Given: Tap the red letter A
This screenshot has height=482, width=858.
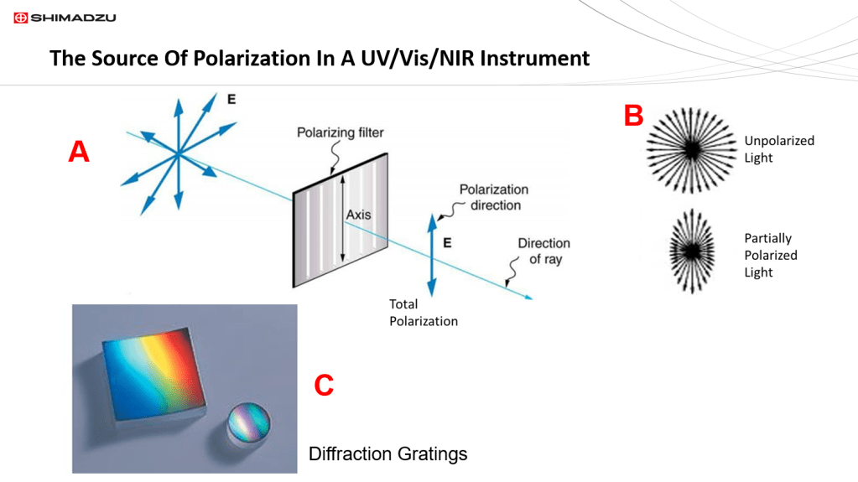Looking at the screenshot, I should pyautogui.click(x=78, y=152).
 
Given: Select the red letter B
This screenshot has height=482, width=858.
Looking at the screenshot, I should pyautogui.click(x=633, y=117).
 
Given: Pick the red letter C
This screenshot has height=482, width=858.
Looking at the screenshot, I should pyautogui.click(x=324, y=386).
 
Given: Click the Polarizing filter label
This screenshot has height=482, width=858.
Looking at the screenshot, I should pyautogui.click(x=341, y=133).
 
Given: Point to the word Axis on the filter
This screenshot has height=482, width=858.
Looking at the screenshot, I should pyautogui.click(x=359, y=215).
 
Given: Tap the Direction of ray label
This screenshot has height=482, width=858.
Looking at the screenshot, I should pyautogui.click(x=543, y=251).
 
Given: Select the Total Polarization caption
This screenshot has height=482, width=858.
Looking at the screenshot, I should pyautogui.click(x=424, y=312).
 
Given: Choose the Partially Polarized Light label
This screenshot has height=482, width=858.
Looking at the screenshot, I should pyautogui.click(x=770, y=255).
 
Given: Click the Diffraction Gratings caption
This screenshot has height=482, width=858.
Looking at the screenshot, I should pyautogui.click(x=387, y=454).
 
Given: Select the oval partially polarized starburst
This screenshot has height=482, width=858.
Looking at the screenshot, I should pyautogui.click(x=691, y=252).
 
